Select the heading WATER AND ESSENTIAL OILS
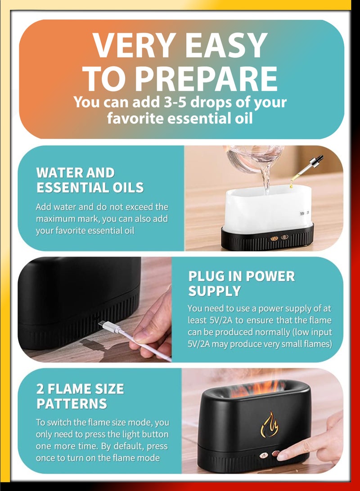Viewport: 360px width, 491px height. click(x=90, y=180)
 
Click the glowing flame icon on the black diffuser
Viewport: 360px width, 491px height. click(x=270, y=425)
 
